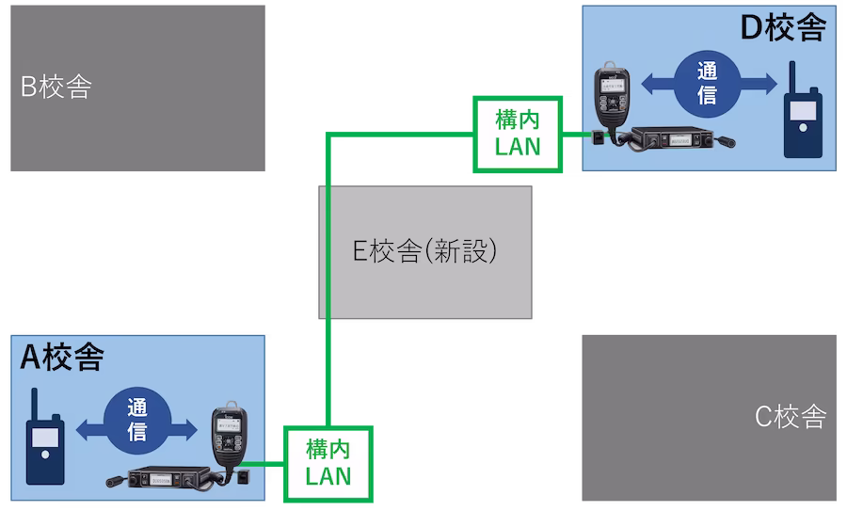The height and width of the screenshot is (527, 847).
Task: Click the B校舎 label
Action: [x=56, y=88]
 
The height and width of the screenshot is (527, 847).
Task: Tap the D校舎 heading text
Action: [x=782, y=29]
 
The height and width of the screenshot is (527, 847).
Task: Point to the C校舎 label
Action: [x=791, y=417]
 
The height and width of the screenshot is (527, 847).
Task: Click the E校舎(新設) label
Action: [x=423, y=252]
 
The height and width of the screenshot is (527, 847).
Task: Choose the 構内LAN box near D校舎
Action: [x=517, y=134]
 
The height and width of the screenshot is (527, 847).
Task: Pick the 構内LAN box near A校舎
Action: [x=328, y=462]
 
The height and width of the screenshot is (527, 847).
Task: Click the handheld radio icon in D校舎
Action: [x=802, y=118]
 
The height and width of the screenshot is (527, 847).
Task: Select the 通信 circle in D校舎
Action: [x=707, y=84]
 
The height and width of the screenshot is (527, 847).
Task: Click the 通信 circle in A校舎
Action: [x=137, y=420]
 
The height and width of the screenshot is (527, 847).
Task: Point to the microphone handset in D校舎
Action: [x=610, y=99]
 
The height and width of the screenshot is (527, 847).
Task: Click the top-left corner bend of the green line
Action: [x=328, y=135]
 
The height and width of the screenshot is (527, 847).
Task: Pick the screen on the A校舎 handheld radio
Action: [x=44, y=439]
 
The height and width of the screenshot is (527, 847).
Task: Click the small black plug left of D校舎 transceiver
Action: [x=598, y=137]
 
